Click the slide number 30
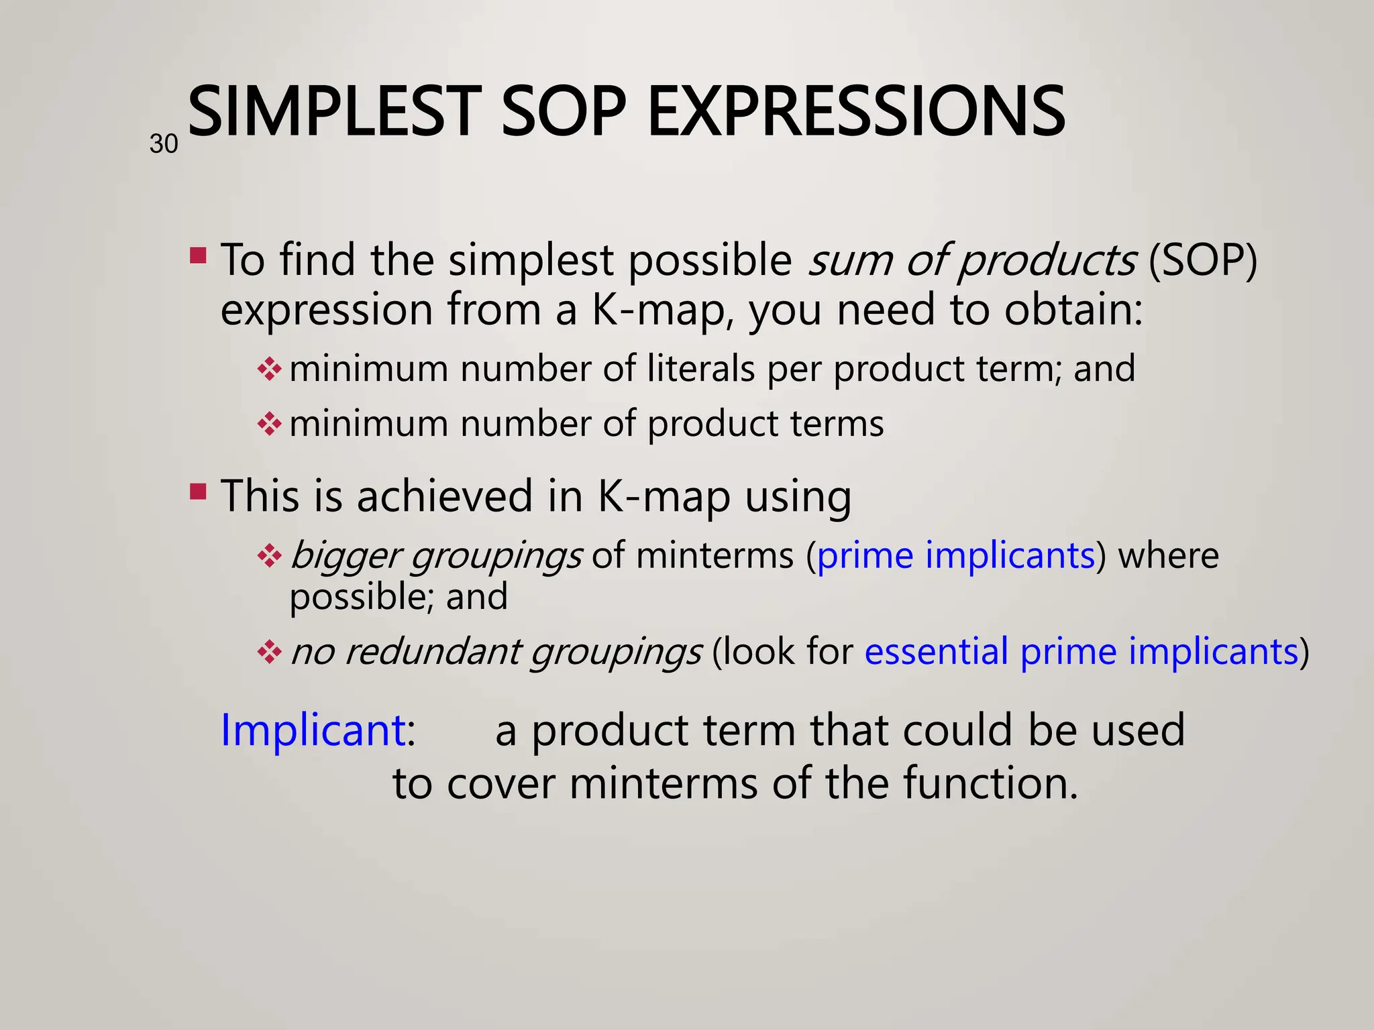[164, 144]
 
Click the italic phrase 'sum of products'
[971, 260]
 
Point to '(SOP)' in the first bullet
[1202, 260]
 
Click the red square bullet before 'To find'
[198, 255]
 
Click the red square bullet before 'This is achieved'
[198, 492]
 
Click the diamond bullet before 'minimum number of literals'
[269, 369]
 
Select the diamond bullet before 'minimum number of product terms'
[269, 424]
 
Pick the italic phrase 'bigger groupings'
[436, 557]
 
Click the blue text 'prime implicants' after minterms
[955, 555]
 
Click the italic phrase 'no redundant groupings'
[496, 652]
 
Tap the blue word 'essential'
[936, 651]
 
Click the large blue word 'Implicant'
[313, 730]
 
